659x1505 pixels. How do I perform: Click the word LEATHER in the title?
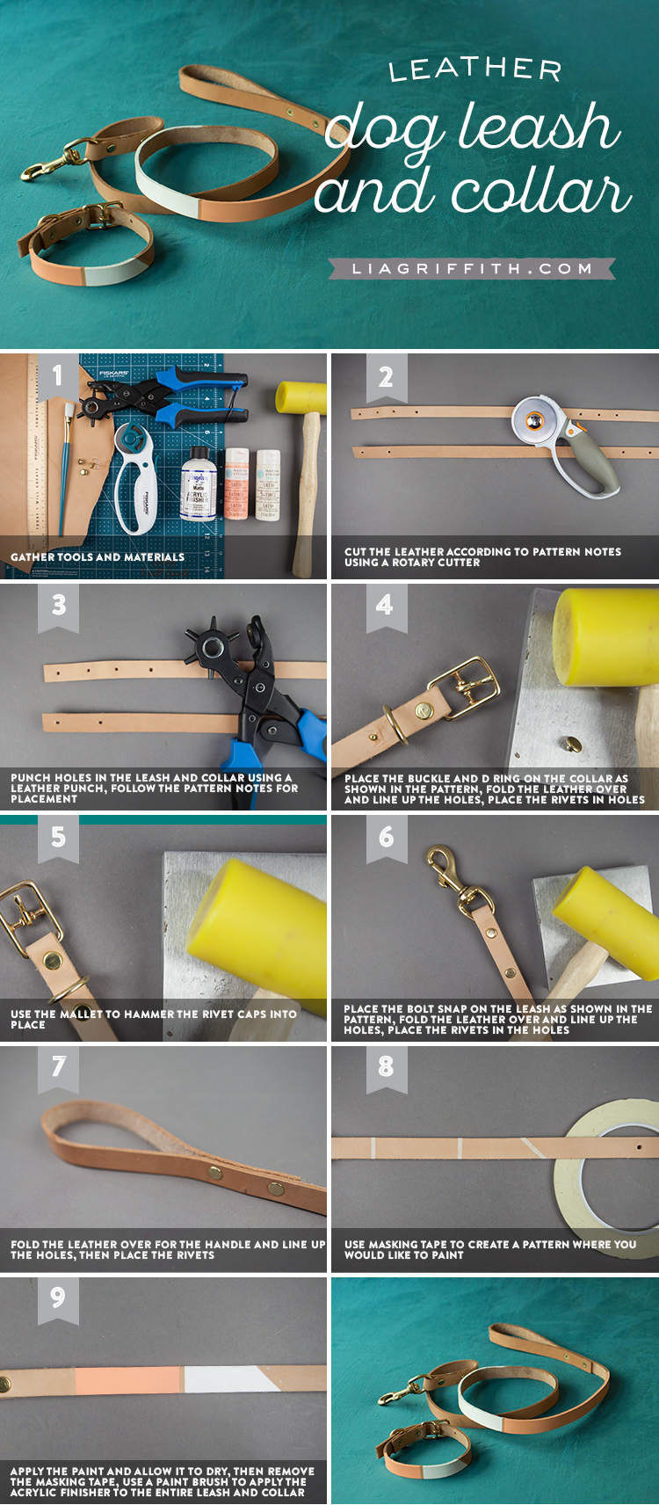point(475,69)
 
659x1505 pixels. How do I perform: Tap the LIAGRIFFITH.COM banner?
point(472,269)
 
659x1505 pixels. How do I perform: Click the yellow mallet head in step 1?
point(301,398)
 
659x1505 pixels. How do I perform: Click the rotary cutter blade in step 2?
point(535,421)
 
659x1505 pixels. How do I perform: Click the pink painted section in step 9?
point(127,1380)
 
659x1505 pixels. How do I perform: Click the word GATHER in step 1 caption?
point(33,557)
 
